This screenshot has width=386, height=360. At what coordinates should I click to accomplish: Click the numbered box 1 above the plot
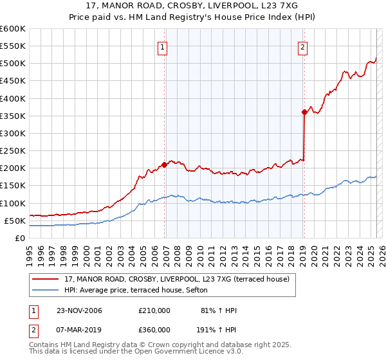pos(162,46)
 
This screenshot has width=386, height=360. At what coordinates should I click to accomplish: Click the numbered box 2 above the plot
pos(302,46)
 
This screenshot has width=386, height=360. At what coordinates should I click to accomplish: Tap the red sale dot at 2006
pos(165,165)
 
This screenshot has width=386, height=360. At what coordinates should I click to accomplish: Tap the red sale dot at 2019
pos(304,112)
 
